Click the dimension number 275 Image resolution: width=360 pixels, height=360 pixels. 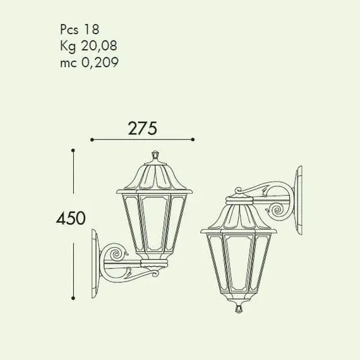[x=143, y=128]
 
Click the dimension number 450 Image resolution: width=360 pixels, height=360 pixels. [x=71, y=218]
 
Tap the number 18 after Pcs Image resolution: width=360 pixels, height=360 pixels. [x=92, y=29]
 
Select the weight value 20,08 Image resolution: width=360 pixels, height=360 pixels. [x=99, y=45]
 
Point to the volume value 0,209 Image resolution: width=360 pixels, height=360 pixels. [x=100, y=63]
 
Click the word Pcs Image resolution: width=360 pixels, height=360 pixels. [x=69, y=30]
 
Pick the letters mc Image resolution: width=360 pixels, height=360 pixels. [x=68, y=63]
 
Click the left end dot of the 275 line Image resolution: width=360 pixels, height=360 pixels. [x=92, y=140]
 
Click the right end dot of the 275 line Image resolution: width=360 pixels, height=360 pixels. [x=193, y=140]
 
